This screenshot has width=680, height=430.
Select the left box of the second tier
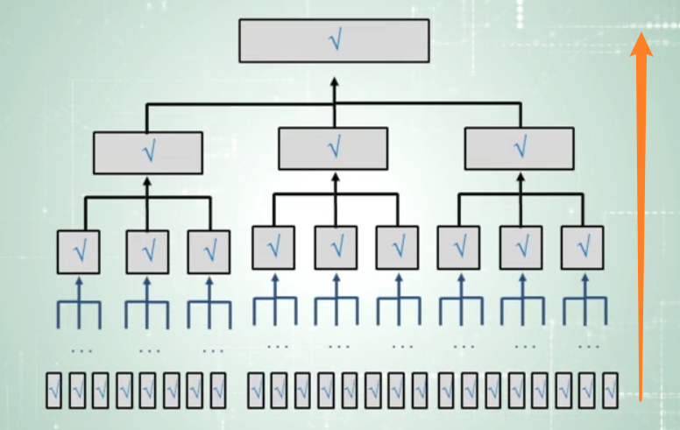coord(148,152)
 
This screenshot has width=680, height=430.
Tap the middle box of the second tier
coord(333,148)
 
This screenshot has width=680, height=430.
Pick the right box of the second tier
coord(520,148)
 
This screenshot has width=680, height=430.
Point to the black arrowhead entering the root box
coord(333,81)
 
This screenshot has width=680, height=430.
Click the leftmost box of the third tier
coord(78,252)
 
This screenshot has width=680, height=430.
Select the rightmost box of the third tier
coord(582,247)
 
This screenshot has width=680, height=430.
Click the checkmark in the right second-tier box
coord(521,148)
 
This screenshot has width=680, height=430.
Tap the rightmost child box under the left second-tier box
coord(209,252)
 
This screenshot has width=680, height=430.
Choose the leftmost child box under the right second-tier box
coord(458,247)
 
